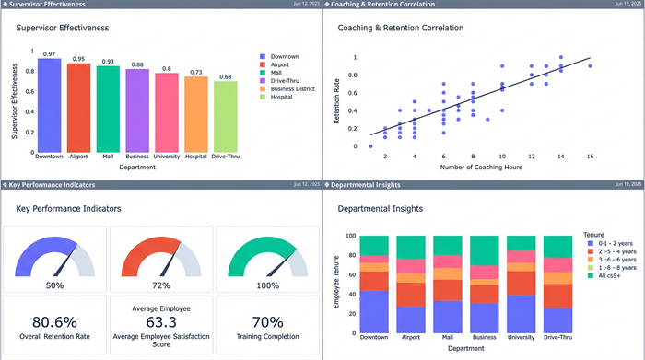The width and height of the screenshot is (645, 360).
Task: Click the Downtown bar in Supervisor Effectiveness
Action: pos(49,104)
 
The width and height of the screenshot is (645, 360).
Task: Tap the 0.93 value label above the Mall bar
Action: pos(109,61)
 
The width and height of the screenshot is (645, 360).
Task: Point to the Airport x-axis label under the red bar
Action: pos(79,157)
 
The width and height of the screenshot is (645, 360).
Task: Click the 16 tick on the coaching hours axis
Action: pos(590,157)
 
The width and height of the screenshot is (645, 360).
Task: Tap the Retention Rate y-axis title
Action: pos(337,101)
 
